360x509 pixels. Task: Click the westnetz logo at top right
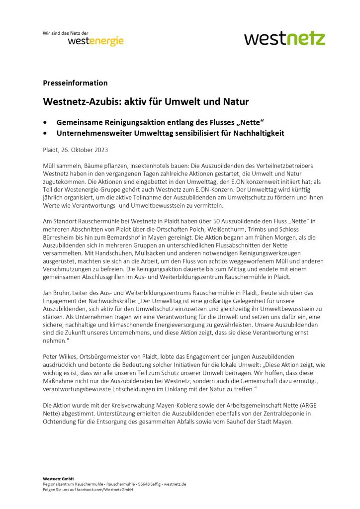(x=284, y=38)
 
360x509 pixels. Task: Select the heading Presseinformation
(x=75, y=83)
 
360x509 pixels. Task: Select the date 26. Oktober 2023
(x=84, y=149)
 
